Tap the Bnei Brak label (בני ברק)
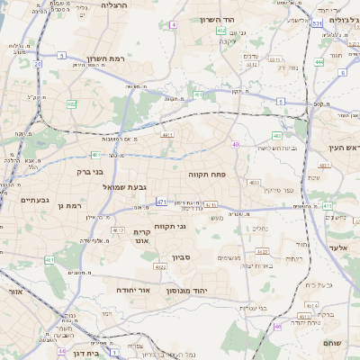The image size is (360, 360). click(91, 170)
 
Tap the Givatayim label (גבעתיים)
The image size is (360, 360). click(34, 200)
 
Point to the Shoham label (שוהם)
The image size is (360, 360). click(333, 343)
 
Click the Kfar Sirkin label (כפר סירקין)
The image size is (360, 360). click(255, 190)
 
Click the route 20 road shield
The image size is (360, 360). click(37, 64)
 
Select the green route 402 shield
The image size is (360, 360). click(221, 31)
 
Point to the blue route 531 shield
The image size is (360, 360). click(316, 24)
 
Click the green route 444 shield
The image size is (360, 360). click(319, 62)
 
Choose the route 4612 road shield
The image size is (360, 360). click(117, 230)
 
